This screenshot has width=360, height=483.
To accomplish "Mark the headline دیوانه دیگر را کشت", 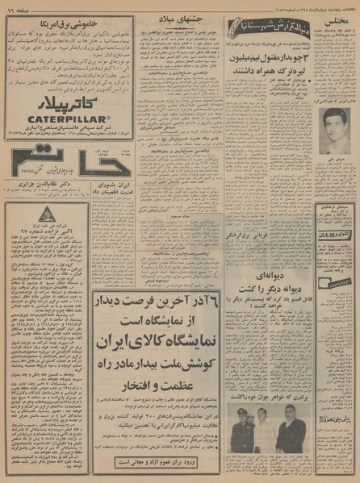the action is tap(271, 284).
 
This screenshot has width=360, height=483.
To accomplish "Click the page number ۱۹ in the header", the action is tap(16, 6).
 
